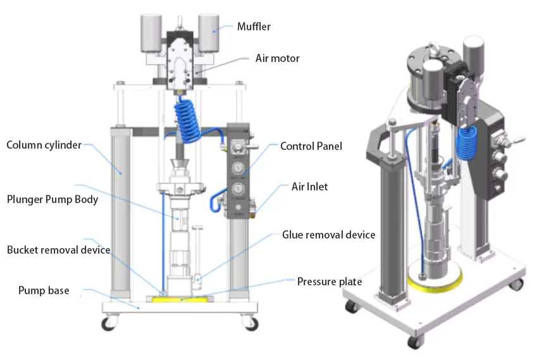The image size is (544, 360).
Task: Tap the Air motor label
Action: click(277, 58)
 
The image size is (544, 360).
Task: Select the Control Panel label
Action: click(311, 146)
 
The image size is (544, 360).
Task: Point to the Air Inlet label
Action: click(309, 187)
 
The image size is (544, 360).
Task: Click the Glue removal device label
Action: click(328, 235)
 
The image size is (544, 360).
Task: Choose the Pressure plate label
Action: click(330, 281)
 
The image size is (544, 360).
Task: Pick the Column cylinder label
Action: click(44, 145)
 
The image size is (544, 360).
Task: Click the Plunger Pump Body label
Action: click(53, 199)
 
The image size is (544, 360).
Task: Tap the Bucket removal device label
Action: click(58, 250)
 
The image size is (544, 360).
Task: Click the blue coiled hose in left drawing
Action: click(188, 121)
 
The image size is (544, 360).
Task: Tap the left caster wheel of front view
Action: click(109, 324)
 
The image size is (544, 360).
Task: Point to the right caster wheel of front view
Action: click(251, 323)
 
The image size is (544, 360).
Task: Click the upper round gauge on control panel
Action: click(238, 168)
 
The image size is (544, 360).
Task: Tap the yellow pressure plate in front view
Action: click(181, 297)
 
